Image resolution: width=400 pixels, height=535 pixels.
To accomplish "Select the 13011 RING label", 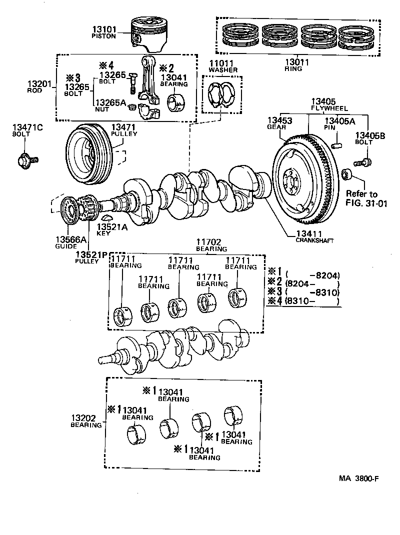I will (x=297, y=65).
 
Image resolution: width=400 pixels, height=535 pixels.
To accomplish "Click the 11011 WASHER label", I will (x=223, y=66).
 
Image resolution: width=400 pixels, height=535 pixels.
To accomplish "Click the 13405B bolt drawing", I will (x=362, y=161).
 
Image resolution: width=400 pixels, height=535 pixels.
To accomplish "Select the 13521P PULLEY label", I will (x=91, y=257).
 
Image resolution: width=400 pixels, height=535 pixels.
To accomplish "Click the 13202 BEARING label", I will (x=86, y=420).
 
